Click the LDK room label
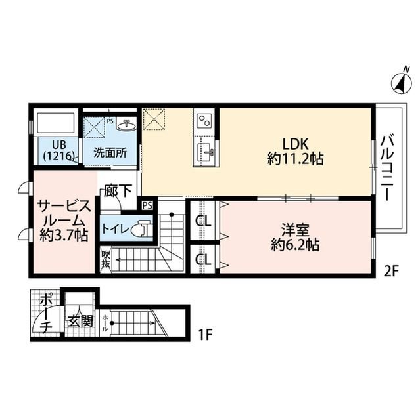click(x=295, y=144)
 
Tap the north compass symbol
click(x=402, y=83)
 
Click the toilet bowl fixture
click(x=140, y=229)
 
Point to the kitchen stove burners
click(x=204, y=120)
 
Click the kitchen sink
click(x=205, y=152)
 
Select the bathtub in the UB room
click(x=56, y=123)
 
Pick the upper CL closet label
click(x=203, y=221)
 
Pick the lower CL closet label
click(x=203, y=259)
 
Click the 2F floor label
click(x=391, y=272)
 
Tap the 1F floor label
click(x=205, y=334)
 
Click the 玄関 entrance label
click(x=80, y=321)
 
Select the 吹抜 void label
click(x=106, y=259)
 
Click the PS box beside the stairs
click(x=147, y=205)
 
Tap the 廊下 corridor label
click(x=118, y=190)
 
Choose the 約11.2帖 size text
click(x=295, y=159)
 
